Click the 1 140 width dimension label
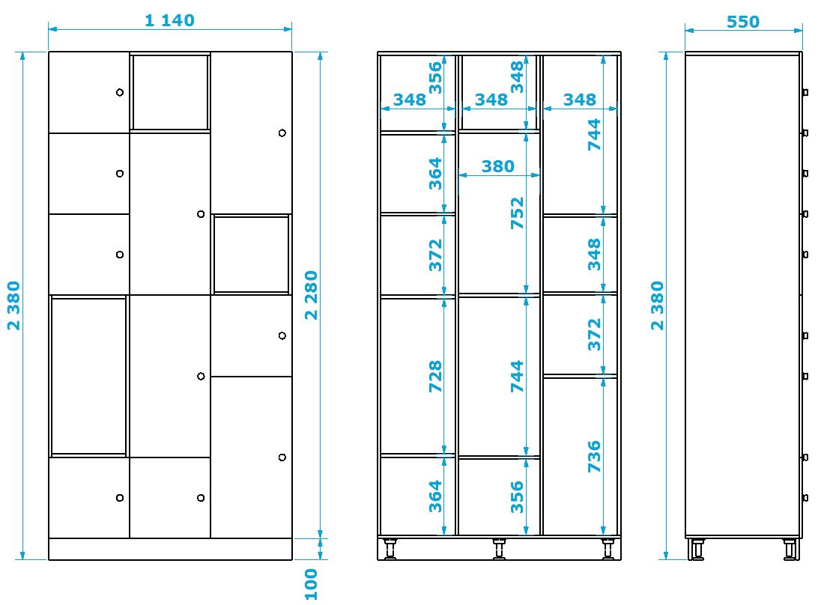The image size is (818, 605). [169, 20]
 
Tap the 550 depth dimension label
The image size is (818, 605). [743, 22]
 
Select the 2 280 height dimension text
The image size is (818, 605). [311, 295]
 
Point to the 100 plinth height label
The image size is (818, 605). [311, 584]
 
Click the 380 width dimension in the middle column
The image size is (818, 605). [497, 166]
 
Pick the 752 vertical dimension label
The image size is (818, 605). [517, 213]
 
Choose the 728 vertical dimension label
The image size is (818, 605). [435, 376]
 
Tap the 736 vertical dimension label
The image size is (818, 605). [594, 456]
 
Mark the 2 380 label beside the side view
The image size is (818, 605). [658, 305]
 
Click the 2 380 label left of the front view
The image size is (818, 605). [13, 305]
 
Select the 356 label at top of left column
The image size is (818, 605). [435, 78]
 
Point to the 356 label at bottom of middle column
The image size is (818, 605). [517, 497]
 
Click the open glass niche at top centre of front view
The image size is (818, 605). [170, 92]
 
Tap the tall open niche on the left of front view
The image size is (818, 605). [88, 376]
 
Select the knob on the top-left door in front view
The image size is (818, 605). [119, 92]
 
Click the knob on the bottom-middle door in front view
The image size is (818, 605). [201, 498]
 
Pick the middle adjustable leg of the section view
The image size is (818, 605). [499, 549]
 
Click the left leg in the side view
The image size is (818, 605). [697, 549]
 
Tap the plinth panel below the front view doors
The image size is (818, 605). [170, 549]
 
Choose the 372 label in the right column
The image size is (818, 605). [594, 334]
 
